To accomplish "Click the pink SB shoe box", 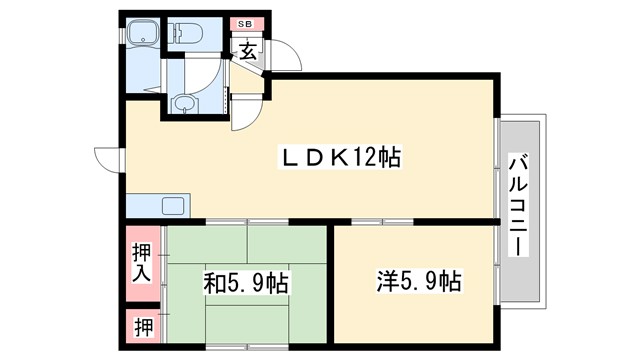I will (246, 24).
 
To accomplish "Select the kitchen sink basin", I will (173, 207).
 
